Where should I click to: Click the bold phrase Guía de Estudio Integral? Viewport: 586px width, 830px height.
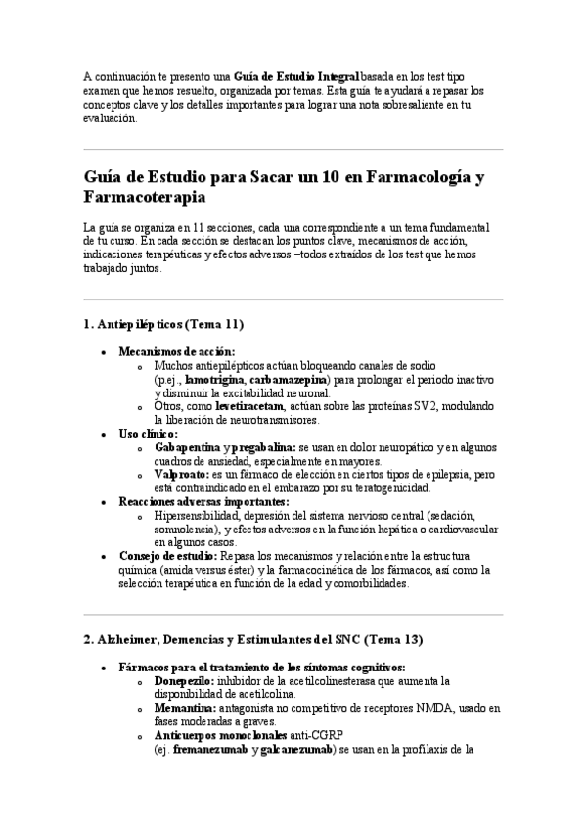(x=296, y=76)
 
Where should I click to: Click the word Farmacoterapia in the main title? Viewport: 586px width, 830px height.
(x=144, y=198)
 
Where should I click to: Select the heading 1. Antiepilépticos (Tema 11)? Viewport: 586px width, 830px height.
(x=163, y=324)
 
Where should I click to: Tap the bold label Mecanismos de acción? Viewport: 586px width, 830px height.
(x=177, y=351)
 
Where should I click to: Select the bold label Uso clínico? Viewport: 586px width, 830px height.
(x=148, y=433)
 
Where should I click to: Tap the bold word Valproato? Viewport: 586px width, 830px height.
(x=182, y=474)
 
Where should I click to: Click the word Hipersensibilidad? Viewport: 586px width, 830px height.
(x=200, y=515)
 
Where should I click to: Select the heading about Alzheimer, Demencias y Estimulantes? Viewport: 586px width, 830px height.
(x=253, y=640)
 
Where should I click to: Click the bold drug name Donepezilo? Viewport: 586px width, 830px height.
(x=186, y=680)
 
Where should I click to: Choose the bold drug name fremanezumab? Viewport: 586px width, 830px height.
(x=210, y=750)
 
